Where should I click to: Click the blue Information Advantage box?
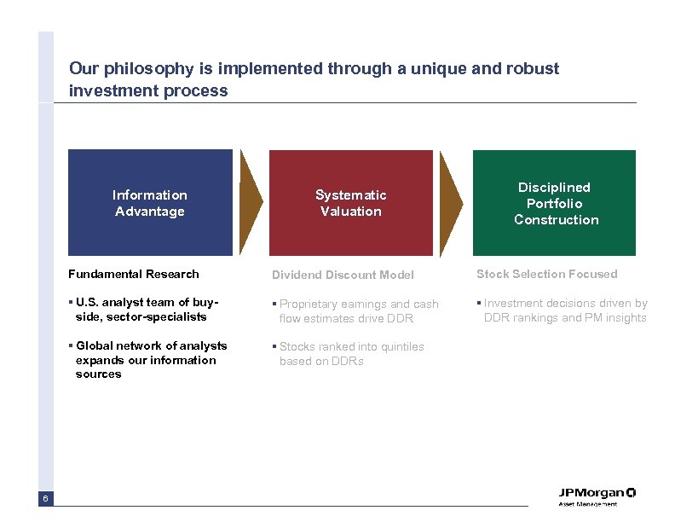(150, 203)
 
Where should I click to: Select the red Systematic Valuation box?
(350, 203)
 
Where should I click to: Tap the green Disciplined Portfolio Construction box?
(555, 203)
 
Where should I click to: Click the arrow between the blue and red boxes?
(251, 203)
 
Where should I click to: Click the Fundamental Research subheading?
(133, 274)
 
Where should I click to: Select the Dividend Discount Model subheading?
(343, 275)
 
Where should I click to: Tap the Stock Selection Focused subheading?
(546, 274)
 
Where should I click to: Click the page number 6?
(45, 498)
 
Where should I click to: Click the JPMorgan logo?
(597, 496)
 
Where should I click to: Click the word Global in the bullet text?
(95, 345)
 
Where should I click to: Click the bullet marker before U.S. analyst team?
(71, 303)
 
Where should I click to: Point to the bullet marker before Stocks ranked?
(274, 347)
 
